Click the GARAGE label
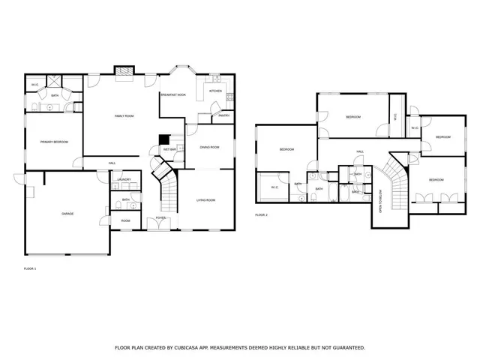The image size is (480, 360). point(67,213)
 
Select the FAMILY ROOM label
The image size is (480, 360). point(124,116)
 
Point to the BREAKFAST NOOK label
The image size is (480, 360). point(173,94)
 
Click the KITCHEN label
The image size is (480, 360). point(215,91)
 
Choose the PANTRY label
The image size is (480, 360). point(223,115)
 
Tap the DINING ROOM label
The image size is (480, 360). point(209,147)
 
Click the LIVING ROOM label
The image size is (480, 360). point(206,199)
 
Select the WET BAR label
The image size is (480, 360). point(169,149)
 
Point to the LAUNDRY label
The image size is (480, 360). point(124,179)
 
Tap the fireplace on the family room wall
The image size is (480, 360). point(123,71)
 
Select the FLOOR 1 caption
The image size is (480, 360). point(30,268)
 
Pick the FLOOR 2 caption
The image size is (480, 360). point(261,214)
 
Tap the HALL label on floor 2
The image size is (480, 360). point(360,151)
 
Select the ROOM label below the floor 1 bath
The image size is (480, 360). point(125,220)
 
